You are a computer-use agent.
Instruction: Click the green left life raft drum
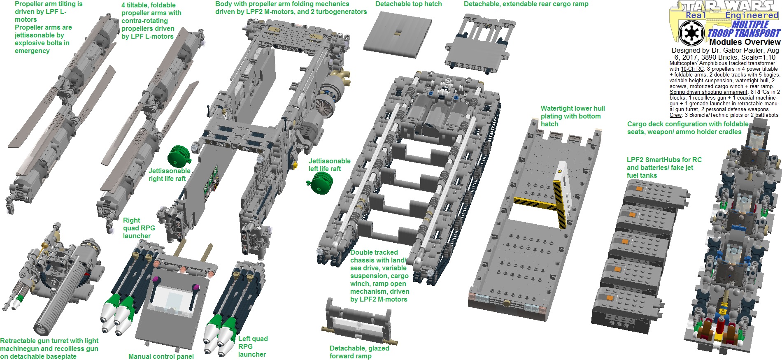coord(321,183)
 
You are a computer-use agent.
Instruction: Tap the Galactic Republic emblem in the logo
coord(691,33)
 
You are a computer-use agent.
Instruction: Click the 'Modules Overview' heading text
coord(745,42)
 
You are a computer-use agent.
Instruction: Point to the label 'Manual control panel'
coord(161,356)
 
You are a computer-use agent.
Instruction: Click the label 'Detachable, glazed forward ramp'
coord(359,352)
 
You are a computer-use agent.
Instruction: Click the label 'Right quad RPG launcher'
coord(139,228)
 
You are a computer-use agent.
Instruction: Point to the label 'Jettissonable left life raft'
coord(329,165)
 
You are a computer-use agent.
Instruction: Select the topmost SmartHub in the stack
coord(654,193)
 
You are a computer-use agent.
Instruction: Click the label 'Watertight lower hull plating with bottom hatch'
coord(573,116)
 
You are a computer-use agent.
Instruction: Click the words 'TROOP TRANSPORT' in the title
coord(744,33)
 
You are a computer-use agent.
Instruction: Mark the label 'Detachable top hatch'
coord(408,4)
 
